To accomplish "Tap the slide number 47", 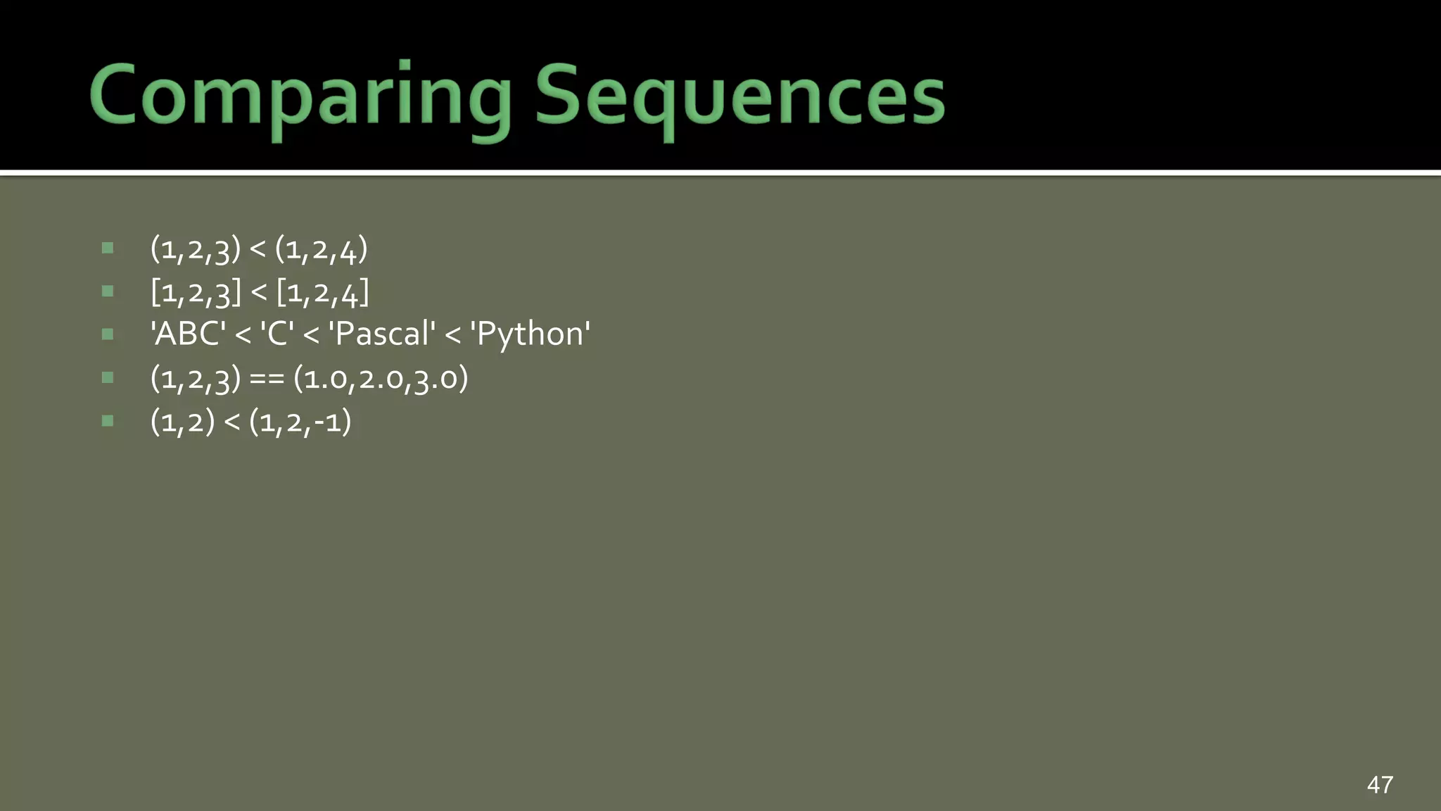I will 1380,784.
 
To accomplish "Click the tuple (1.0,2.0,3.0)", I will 381,379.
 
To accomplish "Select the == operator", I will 267,379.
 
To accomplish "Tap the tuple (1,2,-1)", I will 300,422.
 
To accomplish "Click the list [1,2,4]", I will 322,292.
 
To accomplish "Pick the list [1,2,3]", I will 196,292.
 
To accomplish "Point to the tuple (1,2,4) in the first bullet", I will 321,249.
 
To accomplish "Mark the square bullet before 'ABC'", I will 108,334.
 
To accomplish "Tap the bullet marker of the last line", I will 108,421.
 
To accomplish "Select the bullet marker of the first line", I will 108,248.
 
